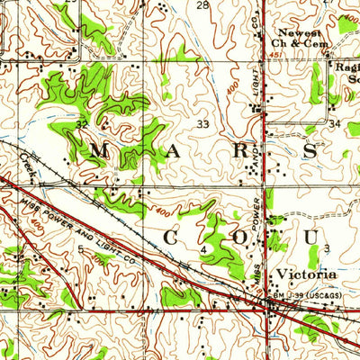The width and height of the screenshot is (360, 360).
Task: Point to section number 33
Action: tap(203, 124)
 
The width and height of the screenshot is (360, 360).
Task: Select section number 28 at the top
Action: tap(202, 5)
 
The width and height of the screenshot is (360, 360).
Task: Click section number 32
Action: tap(82, 124)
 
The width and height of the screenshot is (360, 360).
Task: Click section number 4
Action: tap(204, 247)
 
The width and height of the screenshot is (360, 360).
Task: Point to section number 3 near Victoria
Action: tap(328, 247)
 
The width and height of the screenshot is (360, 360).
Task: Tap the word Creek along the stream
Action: tap(26, 163)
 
